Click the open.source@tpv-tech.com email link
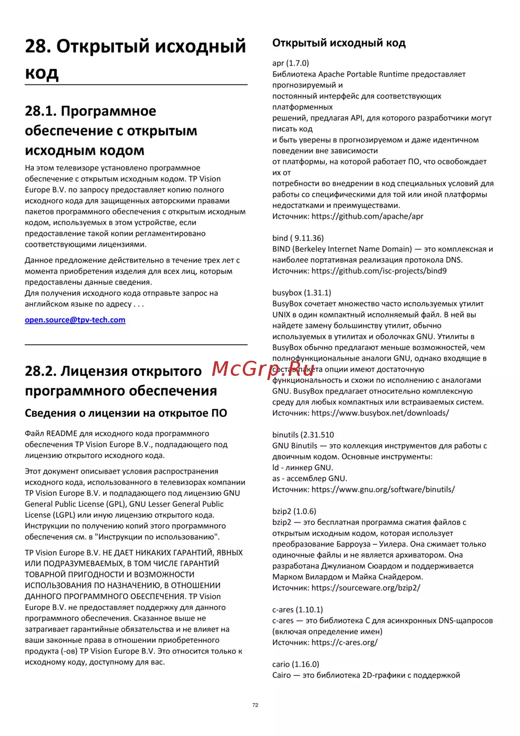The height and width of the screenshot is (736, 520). [75, 320]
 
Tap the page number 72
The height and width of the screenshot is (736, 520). [255, 705]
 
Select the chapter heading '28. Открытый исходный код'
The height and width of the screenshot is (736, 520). [135, 59]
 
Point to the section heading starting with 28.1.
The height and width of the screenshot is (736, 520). [111, 131]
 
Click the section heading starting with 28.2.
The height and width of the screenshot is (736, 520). [121, 381]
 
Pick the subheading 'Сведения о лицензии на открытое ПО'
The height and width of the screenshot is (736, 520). [126, 413]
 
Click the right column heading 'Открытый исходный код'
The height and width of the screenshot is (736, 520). [339, 43]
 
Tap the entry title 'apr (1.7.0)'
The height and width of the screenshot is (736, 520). [291, 64]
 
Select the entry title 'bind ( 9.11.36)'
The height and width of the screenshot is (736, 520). [298, 238]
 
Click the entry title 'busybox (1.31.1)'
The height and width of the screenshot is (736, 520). [302, 293]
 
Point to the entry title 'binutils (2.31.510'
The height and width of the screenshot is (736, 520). [303, 435]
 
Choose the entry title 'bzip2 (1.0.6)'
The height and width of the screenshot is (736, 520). [294, 512]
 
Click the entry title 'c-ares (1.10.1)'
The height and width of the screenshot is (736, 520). [297, 610]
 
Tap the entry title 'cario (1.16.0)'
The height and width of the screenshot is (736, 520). [296, 665]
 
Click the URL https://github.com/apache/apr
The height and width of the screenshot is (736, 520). [367, 217]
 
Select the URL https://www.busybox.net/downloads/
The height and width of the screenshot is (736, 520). [380, 413]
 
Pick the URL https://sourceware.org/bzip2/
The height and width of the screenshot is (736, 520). [366, 588]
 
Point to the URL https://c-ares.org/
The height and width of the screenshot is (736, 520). [344, 643]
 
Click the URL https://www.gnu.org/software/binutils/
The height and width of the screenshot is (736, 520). [383, 490]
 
